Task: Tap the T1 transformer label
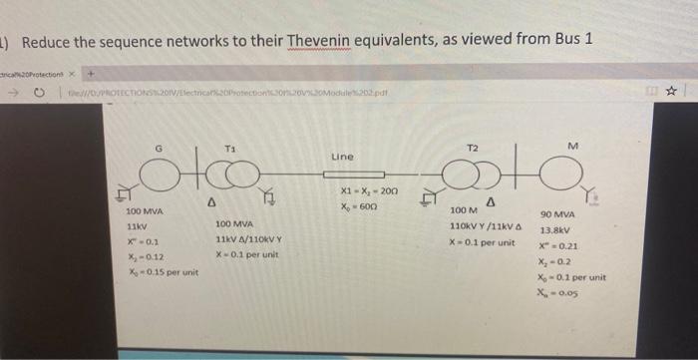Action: [230, 148]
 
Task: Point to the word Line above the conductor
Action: [342, 157]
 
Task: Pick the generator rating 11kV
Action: [137, 227]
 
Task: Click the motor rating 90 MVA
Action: [557, 215]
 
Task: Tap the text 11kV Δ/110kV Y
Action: [248, 239]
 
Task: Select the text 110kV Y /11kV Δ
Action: [485, 226]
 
